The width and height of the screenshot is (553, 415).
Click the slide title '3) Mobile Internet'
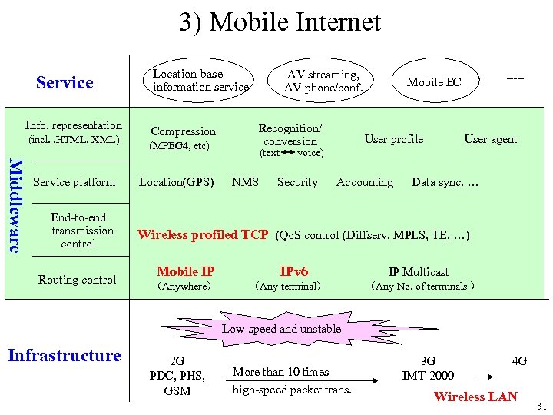pyautogui.click(x=280, y=22)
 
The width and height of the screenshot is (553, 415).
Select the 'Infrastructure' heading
pyautogui.click(x=64, y=355)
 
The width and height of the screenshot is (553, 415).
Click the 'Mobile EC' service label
pyautogui.click(x=434, y=82)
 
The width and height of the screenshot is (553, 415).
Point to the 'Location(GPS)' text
pyautogui.click(x=176, y=182)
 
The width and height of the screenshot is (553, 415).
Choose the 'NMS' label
pyautogui.click(x=245, y=182)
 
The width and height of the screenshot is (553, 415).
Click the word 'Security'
pyautogui.click(x=297, y=182)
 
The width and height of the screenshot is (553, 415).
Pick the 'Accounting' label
pyautogui.click(x=365, y=182)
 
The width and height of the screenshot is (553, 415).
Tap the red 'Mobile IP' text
pyautogui.click(x=185, y=271)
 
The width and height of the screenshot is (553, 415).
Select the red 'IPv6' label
pyautogui.click(x=293, y=271)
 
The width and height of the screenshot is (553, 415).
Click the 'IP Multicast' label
pyautogui.click(x=419, y=271)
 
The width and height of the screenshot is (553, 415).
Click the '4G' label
pyautogui.click(x=519, y=360)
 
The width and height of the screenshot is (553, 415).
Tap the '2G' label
pyautogui.click(x=177, y=360)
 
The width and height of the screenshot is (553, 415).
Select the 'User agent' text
pyautogui.click(x=491, y=139)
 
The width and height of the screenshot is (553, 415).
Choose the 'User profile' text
pyautogui.click(x=393, y=139)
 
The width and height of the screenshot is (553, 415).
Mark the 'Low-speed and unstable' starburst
pyautogui.click(x=281, y=329)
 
